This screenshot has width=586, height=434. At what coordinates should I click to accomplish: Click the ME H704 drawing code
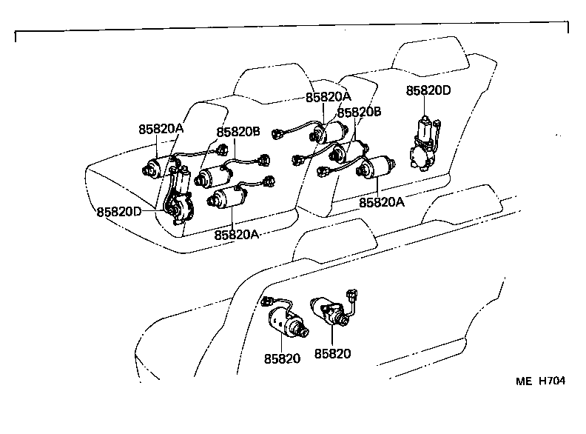[x=540, y=381]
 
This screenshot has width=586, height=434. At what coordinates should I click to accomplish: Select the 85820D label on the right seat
[x=428, y=91]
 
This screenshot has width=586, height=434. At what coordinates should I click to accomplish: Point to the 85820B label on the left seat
[x=238, y=132]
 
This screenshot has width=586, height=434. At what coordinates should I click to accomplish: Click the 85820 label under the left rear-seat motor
[x=282, y=358]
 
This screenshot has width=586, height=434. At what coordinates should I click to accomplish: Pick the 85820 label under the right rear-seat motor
[x=333, y=355]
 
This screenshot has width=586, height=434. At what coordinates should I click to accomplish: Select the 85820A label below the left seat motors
[x=237, y=235]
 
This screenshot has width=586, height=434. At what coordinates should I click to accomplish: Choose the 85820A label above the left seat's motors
[x=161, y=128]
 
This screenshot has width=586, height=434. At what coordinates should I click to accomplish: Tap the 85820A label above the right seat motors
[x=328, y=97]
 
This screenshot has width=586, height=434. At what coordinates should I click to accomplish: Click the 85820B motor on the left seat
[x=214, y=176]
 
